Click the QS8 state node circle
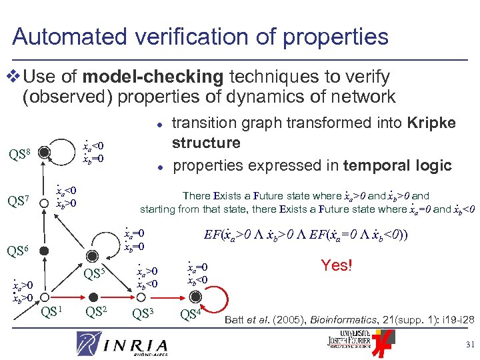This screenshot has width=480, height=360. coord(43,153)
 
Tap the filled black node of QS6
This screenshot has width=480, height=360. coord(43,251)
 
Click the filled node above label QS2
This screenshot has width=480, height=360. coord(95,295)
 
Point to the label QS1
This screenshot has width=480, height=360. coord(51,311)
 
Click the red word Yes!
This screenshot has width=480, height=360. coord(336,265)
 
